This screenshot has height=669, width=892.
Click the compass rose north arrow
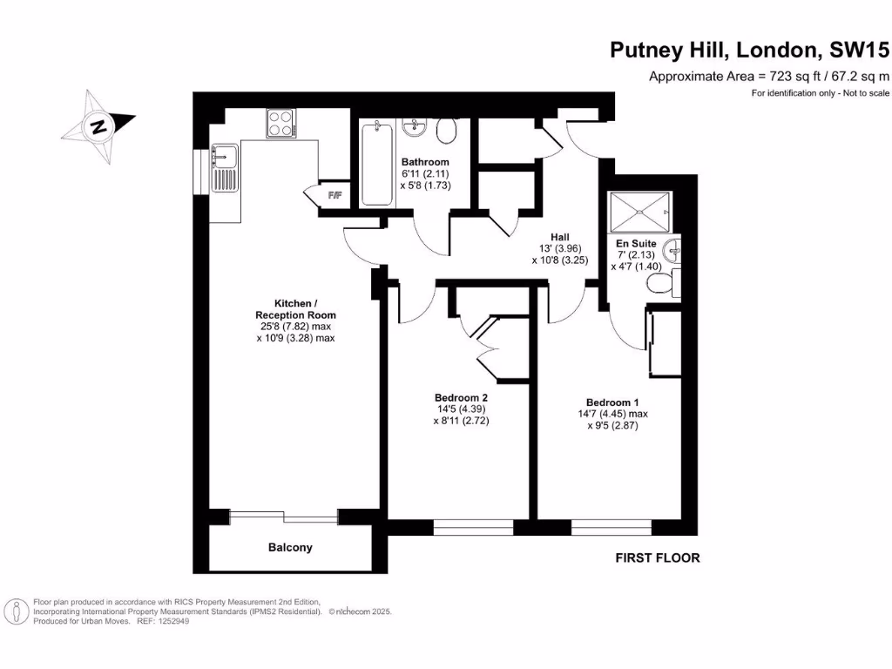98,126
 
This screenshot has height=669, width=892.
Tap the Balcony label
290,548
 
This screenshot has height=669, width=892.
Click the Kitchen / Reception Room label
295,308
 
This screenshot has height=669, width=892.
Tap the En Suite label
636,243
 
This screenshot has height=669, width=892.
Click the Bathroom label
425,162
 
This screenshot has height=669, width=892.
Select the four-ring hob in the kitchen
280,123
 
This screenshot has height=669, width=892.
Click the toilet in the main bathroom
448,132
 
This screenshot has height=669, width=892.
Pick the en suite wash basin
672,251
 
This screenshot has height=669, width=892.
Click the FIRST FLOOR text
657,557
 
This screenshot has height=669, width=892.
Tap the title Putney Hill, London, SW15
749,51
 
